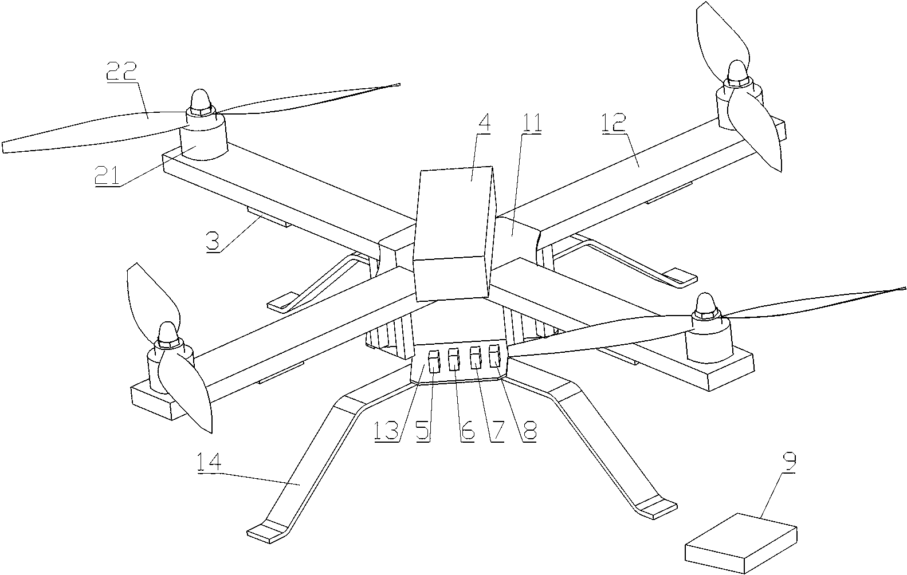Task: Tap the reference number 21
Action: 107,176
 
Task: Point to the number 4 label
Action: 485,124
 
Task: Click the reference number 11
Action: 532,124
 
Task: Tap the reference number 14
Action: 211,462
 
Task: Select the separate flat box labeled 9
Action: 741,538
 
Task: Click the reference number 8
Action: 530,431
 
